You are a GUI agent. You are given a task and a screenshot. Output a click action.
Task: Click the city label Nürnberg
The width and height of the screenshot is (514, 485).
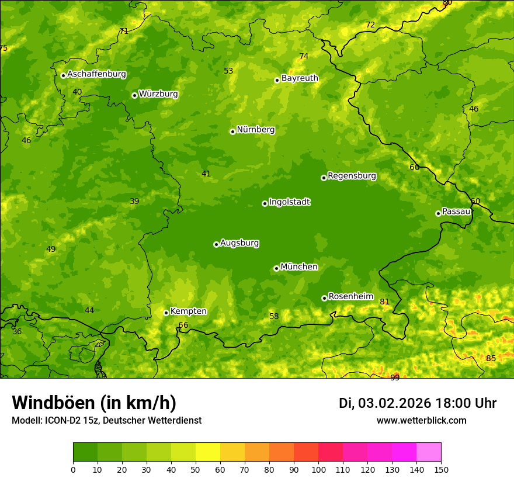tap(255, 130)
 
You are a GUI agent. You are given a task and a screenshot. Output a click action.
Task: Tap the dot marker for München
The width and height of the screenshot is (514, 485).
tap(276, 268)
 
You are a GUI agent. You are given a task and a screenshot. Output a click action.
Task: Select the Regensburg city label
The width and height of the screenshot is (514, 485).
tap(352, 176)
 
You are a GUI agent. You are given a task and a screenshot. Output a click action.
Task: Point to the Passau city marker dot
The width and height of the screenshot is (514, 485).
tap(438, 213)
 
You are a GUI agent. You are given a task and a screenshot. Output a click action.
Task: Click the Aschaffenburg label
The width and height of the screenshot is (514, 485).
tap(96, 74)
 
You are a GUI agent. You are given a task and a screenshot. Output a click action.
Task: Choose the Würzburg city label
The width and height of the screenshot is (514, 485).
tap(158, 94)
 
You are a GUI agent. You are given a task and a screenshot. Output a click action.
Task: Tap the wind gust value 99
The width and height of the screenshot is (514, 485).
tap(395, 377)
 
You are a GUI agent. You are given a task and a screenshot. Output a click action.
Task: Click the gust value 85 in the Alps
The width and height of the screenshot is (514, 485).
tap(491, 358)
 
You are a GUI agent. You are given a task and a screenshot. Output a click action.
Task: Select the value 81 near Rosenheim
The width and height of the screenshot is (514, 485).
tap(384, 302)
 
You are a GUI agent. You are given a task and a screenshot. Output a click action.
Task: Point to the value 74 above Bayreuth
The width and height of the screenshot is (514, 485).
tap(304, 57)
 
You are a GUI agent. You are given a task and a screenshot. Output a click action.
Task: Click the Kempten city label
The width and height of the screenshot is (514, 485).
tap(188, 311)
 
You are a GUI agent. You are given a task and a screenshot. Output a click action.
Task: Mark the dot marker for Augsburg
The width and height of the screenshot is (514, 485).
tap(216, 244)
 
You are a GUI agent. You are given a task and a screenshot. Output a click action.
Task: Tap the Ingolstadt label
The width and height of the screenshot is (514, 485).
tap(289, 202)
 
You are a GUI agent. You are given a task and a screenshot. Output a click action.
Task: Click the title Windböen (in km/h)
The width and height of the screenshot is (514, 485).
tap(94, 403)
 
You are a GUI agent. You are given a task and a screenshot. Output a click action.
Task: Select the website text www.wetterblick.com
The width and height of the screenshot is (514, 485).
tap(421, 420)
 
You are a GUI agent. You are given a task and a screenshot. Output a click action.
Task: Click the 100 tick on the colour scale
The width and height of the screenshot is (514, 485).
tap(318, 469)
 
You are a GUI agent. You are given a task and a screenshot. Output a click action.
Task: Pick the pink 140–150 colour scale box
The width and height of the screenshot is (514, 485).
tap(429, 452)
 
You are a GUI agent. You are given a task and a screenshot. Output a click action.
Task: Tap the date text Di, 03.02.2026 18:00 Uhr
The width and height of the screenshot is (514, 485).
tap(418, 403)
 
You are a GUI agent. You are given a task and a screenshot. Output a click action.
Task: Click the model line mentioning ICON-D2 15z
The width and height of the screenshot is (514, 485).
tap(106, 421)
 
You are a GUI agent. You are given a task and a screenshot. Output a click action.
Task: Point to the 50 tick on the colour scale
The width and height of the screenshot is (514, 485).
tap(196, 469)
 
